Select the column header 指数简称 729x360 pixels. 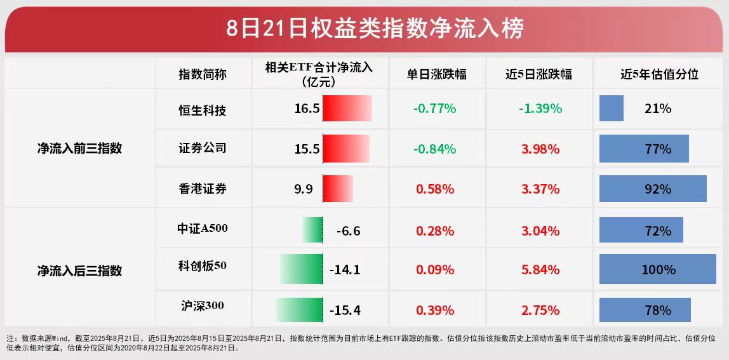point(203,74)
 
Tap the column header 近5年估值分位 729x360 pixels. point(659,74)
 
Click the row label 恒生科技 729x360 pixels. point(203,110)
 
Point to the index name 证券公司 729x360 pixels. point(203,149)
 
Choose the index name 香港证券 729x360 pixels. point(203,189)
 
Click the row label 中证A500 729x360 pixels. point(203,229)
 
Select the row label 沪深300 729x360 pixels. point(203,306)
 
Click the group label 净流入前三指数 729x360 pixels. point(79,149)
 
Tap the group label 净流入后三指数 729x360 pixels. point(79,271)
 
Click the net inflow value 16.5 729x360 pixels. point(307,109)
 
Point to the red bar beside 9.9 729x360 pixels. point(338,189)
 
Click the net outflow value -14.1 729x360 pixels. point(345,270)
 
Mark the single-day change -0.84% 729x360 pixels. point(435,149)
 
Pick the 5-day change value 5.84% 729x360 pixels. point(540,270)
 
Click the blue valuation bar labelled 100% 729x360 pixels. point(657,269)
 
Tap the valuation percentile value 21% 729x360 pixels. point(658,109)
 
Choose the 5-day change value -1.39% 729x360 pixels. point(540,109)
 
